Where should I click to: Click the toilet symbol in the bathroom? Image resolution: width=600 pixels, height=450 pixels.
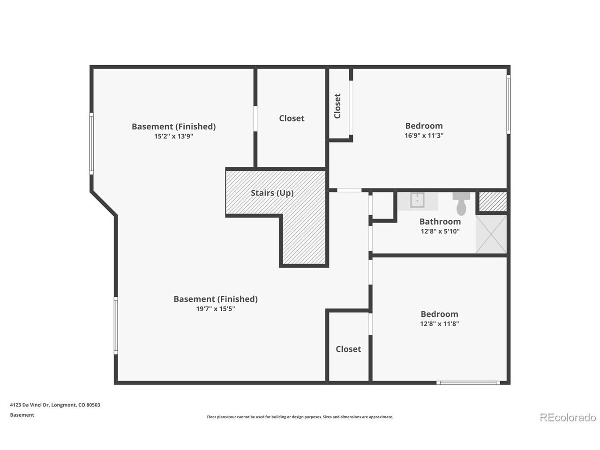click(x=461, y=203)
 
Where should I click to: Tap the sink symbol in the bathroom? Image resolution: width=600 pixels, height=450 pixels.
click(x=417, y=200)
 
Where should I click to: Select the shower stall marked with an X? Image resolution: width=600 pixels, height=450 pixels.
click(x=491, y=234)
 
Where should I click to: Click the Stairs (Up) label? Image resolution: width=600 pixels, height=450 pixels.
click(x=272, y=193)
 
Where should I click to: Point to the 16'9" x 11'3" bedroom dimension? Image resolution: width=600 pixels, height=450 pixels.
click(x=424, y=135)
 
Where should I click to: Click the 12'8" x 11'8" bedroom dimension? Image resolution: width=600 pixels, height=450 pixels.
click(x=439, y=324)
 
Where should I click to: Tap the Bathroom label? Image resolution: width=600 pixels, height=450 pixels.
click(x=440, y=221)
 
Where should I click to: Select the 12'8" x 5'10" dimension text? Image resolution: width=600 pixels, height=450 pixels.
click(x=440, y=232)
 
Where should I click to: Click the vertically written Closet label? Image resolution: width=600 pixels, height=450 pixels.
click(x=337, y=106)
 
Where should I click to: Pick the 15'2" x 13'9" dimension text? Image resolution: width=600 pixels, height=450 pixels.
click(x=173, y=136)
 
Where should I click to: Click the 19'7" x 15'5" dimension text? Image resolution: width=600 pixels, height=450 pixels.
click(x=216, y=309)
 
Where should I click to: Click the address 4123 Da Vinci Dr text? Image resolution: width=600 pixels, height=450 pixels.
click(x=30, y=405)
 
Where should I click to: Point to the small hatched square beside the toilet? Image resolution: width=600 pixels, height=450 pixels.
click(x=493, y=202)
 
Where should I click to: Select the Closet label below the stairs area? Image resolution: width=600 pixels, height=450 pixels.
click(x=348, y=349)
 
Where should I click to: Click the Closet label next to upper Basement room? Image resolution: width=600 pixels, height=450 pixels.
click(x=292, y=118)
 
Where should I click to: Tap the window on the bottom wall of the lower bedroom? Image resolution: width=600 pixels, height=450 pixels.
click(x=468, y=383)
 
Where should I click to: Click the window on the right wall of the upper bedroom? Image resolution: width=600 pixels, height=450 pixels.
click(x=509, y=105)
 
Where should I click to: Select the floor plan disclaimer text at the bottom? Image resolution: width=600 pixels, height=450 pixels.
click(x=300, y=417)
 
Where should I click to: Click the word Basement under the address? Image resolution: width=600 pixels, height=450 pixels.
click(x=22, y=415)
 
